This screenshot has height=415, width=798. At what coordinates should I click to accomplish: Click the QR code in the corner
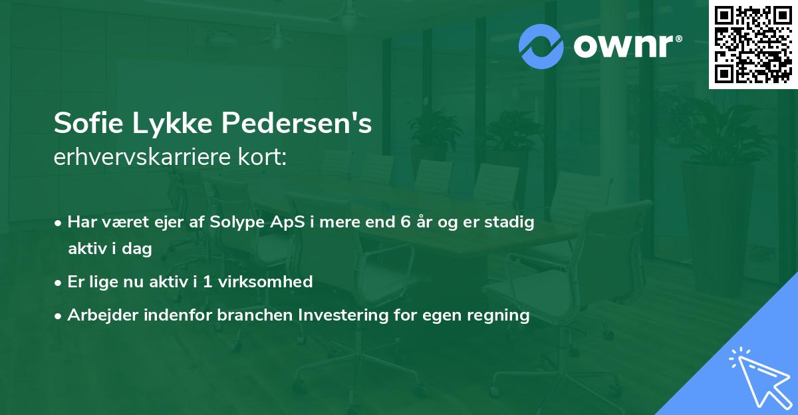(x=753, y=44)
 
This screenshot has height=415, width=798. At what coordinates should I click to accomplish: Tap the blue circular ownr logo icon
(x=541, y=47)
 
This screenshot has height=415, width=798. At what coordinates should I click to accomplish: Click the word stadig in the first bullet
(x=511, y=223)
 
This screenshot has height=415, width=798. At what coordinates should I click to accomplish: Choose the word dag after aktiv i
(x=139, y=249)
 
